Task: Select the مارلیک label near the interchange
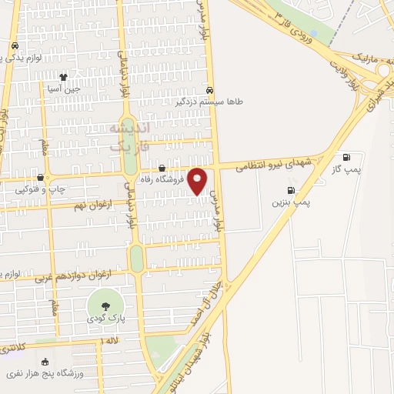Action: coord(364,57)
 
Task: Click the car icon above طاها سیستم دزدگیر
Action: coord(210,88)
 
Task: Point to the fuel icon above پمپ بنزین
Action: coord(290,189)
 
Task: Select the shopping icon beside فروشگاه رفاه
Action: coord(162,169)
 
